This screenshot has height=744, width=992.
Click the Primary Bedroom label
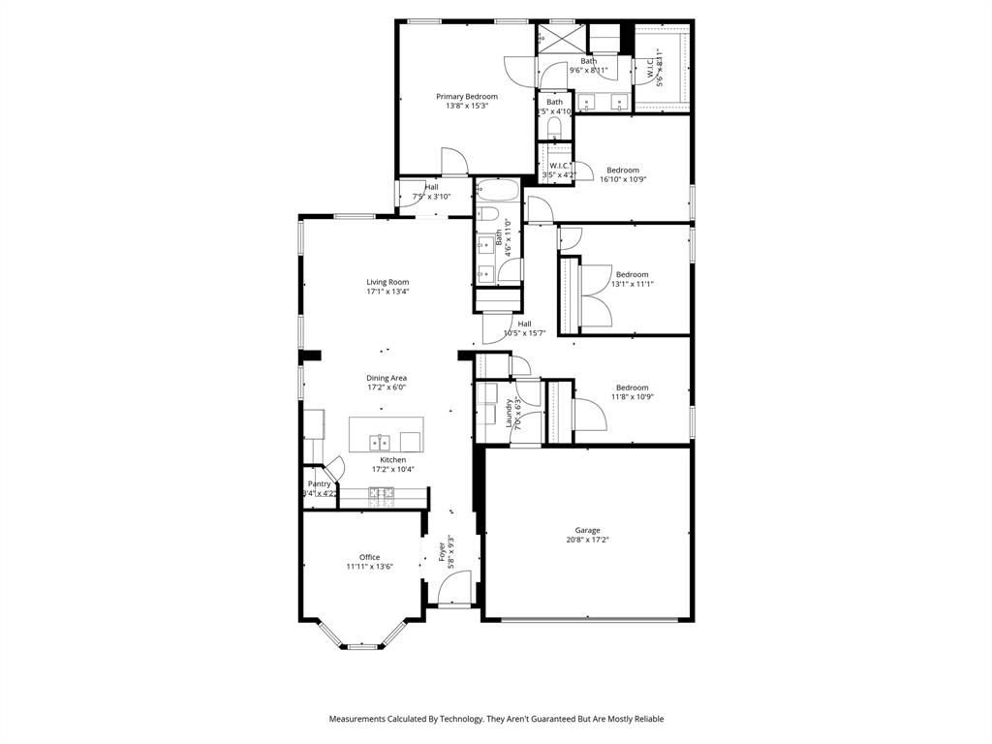pos(466,97)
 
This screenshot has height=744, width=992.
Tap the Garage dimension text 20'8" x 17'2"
pos(587,540)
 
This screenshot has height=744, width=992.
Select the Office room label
pos(369,557)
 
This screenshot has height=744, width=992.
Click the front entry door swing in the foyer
pos(452,587)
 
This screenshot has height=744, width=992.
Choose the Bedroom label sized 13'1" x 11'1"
pos(633,274)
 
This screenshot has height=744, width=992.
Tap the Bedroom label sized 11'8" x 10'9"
pos(633,387)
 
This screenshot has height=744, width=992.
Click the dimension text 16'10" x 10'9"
pos(623,179)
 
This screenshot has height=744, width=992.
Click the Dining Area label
pos(387,378)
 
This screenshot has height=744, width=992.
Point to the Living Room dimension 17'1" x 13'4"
pos(387,292)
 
